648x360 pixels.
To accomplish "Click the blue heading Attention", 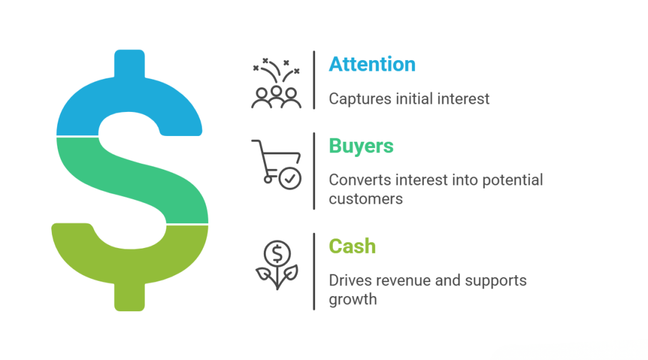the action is click(x=372, y=65).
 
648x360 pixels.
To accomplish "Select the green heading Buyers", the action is click(x=361, y=146).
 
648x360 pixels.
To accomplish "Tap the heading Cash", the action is click(x=352, y=246).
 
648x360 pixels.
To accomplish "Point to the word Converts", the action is click(x=360, y=180).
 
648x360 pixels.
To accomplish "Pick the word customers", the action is click(x=366, y=199).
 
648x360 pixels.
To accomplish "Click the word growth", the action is click(x=353, y=299).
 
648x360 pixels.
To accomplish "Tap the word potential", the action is click(x=513, y=180).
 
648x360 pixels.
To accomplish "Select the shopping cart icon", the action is click(x=276, y=164).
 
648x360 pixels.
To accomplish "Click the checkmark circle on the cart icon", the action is click(x=290, y=178).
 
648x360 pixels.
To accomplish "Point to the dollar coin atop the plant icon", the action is click(x=277, y=253).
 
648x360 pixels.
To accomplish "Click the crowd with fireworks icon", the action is click(x=276, y=83).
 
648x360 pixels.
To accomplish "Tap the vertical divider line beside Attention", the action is click(x=314, y=80).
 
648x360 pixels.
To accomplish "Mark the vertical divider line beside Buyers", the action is click(x=314, y=171).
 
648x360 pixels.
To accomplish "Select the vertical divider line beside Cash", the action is click(x=314, y=271).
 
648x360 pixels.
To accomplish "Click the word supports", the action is click(x=495, y=282).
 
